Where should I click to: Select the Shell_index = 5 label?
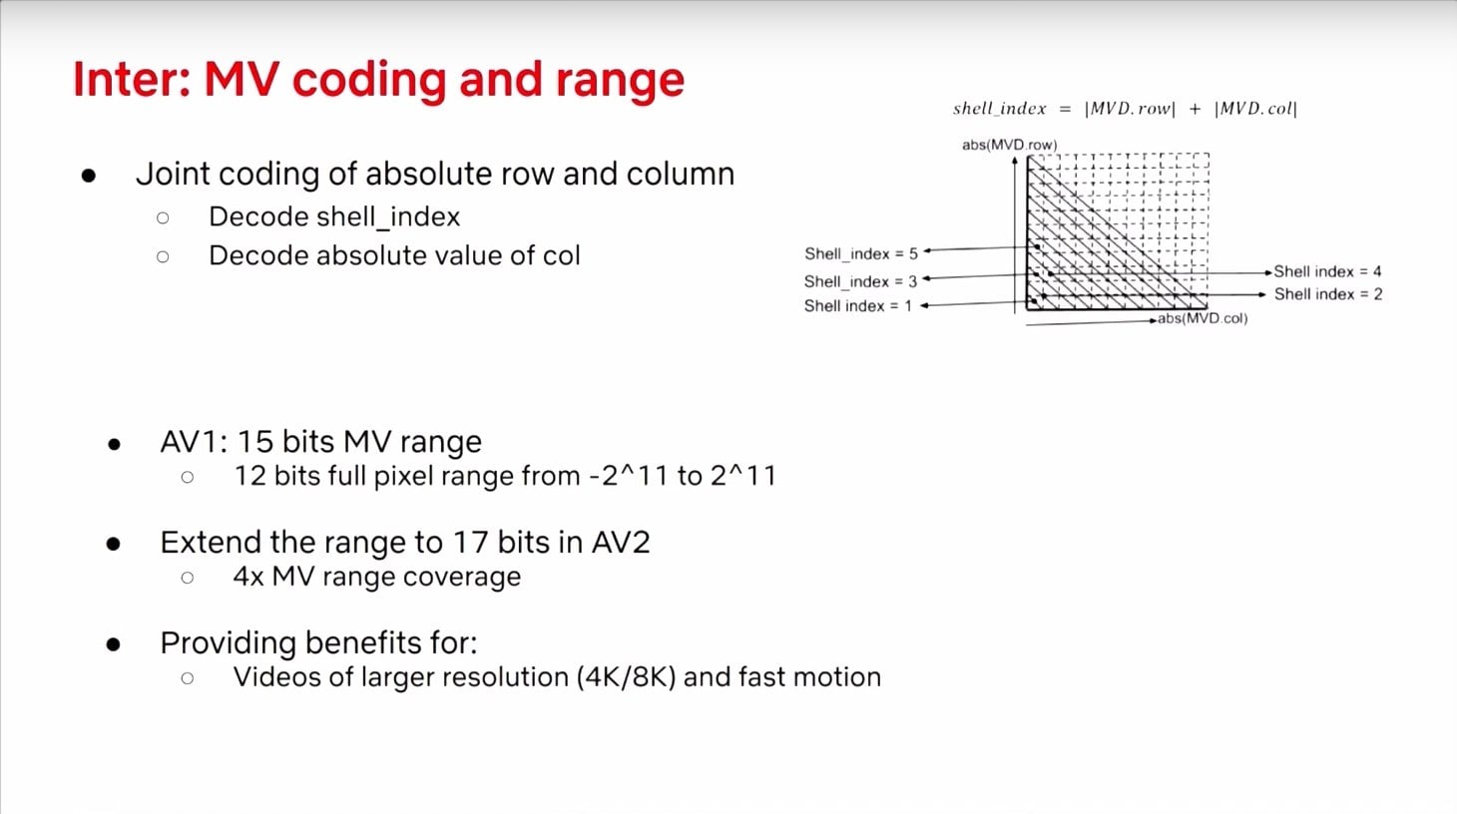pyautogui.click(x=860, y=253)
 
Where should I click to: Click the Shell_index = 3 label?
pyautogui.click(x=860, y=281)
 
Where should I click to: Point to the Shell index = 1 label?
pyautogui.click(x=858, y=305)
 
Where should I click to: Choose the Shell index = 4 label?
pyautogui.click(x=1327, y=271)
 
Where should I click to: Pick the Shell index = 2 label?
pyautogui.click(x=1328, y=294)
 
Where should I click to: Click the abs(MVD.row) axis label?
pyautogui.click(x=1010, y=145)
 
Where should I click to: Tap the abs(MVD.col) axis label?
pyautogui.click(x=1203, y=318)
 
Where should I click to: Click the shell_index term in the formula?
pyautogui.click(x=1000, y=108)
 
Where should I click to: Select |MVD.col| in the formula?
pyautogui.click(x=1256, y=109)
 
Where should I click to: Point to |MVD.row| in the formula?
pyautogui.click(x=1130, y=109)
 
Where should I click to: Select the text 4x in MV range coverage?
pyautogui.click(x=247, y=577)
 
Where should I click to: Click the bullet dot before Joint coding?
pyautogui.click(x=89, y=176)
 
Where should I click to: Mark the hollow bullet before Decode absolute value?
pyautogui.click(x=163, y=256)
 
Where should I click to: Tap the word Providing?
pyautogui.click(x=229, y=643)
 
